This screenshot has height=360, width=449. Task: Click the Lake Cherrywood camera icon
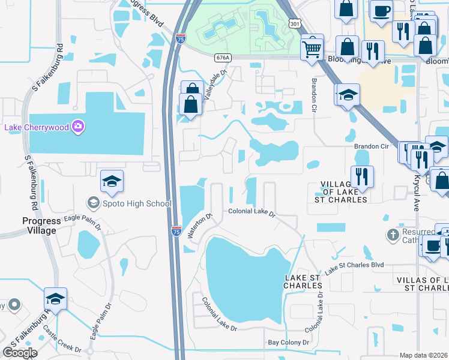pos(77,126)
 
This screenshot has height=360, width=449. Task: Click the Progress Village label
pos(31,226)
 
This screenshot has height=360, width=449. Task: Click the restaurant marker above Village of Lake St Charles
pos(363,176)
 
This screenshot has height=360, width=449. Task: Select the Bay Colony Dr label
pos(288,343)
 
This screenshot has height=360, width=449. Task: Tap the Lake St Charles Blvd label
pos(354,268)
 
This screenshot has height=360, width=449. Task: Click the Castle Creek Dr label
pos(62,344)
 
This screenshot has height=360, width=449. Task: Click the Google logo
pos(20,353)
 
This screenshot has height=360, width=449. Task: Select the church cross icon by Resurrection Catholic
pos(393,234)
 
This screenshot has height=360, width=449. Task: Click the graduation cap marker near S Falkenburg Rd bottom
pos(55,299)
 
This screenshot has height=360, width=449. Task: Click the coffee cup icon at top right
pos(382,11)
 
